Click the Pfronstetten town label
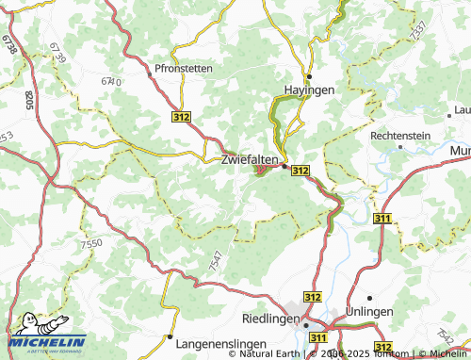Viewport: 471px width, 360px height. coord(184,69)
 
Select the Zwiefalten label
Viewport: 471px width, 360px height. coord(249,160)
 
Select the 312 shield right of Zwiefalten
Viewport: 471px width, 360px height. coord(300,170)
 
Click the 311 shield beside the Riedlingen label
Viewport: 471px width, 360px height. coord(318,336)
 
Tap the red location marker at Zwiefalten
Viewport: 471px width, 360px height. coord(261,171)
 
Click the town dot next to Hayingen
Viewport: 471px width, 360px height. coord(309,75)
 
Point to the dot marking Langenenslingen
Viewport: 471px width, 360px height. coord(170,335)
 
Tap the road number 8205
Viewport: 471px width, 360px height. coord(29,101)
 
